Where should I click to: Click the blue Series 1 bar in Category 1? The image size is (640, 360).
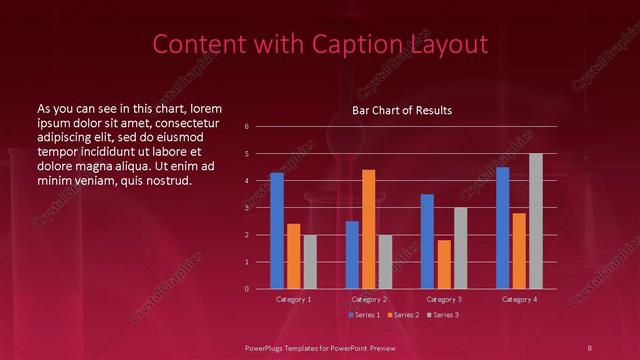(x=277, y=231)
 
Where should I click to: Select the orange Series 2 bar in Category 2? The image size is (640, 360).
(x=368, y=229)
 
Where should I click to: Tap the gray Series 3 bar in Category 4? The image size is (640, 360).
(x=536, y=221)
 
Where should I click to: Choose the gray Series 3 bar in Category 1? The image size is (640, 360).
(x=310, y=262)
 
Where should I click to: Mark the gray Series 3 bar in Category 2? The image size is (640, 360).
(x=385, y=262)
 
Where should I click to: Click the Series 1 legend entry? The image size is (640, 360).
(x=364, y=315)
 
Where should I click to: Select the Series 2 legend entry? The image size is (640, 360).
(x=403, y=315)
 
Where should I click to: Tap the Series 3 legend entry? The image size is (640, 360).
(x=443, y=315)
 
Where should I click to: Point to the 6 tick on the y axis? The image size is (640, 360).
(x=246, y=127)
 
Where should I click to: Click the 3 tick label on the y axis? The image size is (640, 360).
(x=246, y=208)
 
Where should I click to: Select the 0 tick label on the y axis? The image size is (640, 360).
(x=246, y=289)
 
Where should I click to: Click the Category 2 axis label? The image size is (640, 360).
(x=368, y=299)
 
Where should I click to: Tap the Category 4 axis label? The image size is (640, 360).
(x=519, y=299)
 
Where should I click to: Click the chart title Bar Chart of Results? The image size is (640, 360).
(x=402, y=110)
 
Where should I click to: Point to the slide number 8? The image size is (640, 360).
(x=589, y=347)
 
